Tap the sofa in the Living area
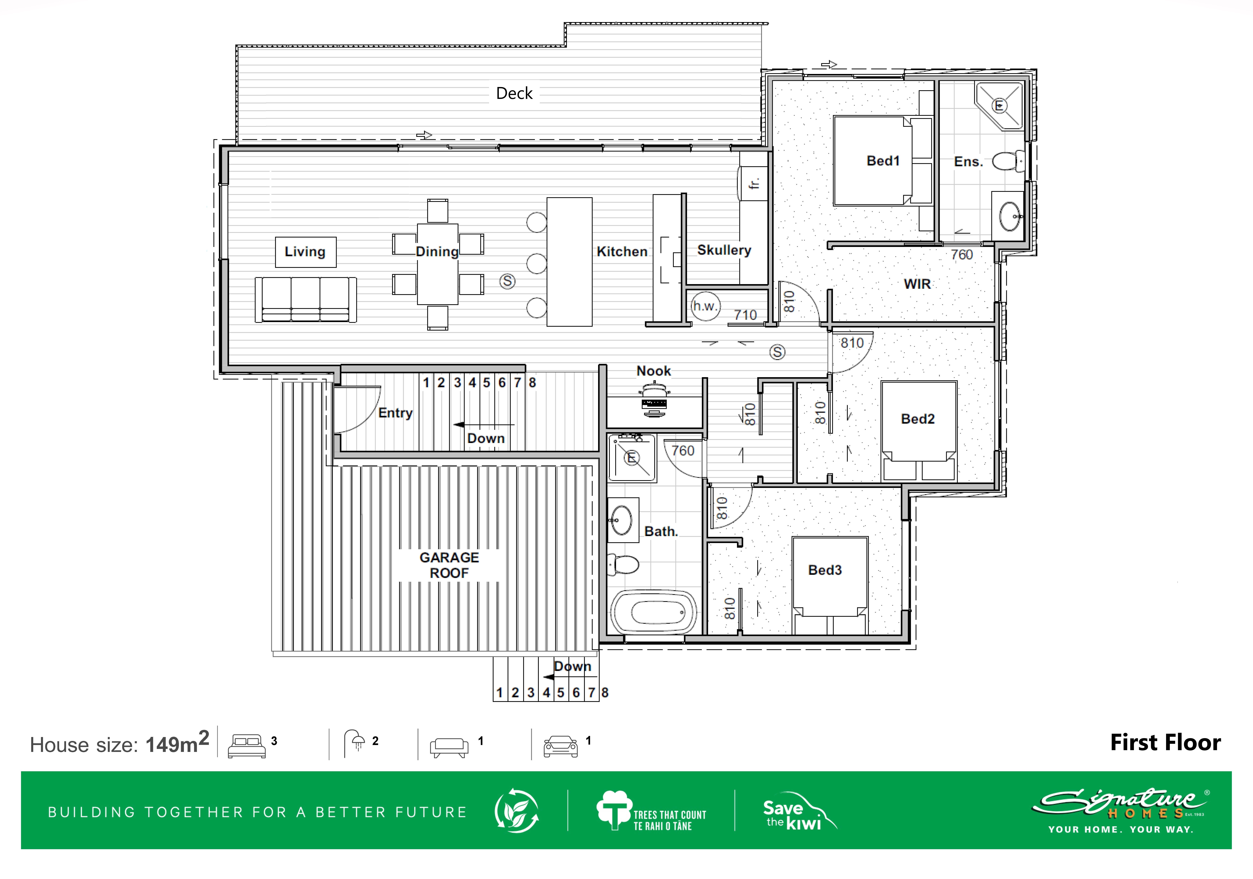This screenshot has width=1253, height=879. click(306, 300)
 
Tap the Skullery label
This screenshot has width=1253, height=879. click(724, 250)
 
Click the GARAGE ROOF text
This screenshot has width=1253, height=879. click(449, 565)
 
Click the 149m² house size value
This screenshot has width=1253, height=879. click(177, 743)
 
